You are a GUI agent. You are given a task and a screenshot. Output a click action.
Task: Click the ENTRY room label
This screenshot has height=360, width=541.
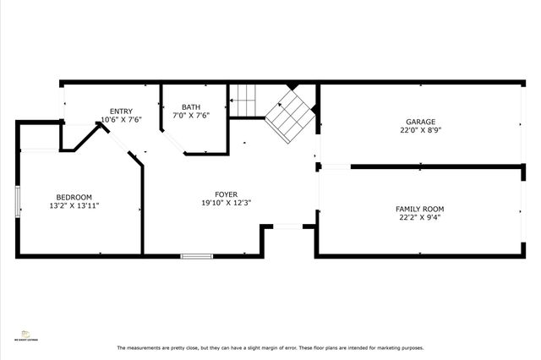point(121,111)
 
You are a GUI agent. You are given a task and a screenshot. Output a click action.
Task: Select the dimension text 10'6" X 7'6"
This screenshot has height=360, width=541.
point(121,120)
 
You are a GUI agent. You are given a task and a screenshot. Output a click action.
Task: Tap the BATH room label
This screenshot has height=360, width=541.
point(191,106)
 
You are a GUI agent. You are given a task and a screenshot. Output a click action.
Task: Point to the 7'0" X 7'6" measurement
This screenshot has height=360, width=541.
point(191,116)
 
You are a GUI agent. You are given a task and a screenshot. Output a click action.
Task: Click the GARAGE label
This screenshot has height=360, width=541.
point(420,122)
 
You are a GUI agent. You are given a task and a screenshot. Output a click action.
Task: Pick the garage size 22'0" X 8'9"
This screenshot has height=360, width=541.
point(420,131)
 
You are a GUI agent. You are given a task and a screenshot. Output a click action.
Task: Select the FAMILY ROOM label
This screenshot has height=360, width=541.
point(420,209)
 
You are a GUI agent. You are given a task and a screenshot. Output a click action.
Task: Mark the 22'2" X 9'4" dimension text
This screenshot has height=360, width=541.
point(420,218)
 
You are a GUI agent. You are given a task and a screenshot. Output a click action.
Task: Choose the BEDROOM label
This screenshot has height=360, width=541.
point(74,197)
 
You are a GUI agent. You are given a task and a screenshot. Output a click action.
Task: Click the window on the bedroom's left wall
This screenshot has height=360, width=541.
point(18,203)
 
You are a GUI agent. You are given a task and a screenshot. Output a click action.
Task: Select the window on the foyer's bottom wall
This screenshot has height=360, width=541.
point(196,255)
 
